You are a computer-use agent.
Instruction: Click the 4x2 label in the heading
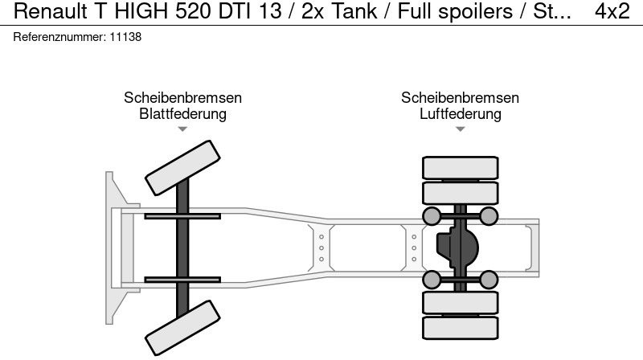(612, 11)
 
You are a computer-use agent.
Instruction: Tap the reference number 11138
(125, 37)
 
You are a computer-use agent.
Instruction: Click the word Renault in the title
(50, 11)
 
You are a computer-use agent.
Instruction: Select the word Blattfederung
(182, 113)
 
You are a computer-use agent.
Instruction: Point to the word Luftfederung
(460, 113)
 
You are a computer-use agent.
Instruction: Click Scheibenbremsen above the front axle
(183, 97)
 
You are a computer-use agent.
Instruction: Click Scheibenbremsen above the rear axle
(460, 97)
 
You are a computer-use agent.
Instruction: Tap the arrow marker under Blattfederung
(182, 129)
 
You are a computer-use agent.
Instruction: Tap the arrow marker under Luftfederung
(460, 129)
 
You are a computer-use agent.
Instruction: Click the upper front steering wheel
(182, 168)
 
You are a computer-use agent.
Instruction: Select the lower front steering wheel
(182, 328)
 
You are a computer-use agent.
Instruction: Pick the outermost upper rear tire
(460, 168)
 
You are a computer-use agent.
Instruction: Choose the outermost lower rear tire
(460, 328)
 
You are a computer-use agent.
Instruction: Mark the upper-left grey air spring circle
(432, 216)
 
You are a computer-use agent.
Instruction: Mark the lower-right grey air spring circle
(489, 280)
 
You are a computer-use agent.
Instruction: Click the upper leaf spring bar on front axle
(182, 216)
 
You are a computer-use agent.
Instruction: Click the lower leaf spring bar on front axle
(182, 280)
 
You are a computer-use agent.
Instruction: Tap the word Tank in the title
(354, 11)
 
